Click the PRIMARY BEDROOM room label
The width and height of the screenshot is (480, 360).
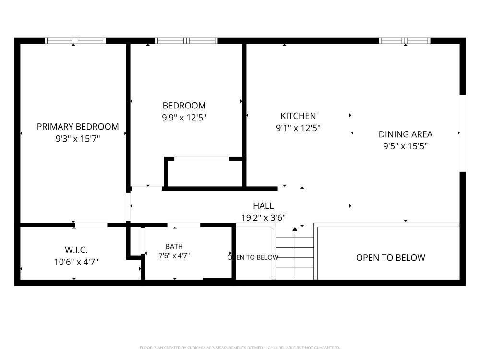tap(78, 126)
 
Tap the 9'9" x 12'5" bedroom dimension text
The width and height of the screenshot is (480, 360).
tap(184, 117)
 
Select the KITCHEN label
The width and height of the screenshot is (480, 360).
tap(298, 116)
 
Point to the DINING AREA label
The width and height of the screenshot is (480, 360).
tap(405, 134)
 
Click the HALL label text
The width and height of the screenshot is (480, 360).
tap(263, 206)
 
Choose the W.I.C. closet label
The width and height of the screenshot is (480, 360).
tap(76, 250)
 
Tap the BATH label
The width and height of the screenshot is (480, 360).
tap(174, 246)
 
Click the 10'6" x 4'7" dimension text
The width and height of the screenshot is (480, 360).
tap(76, 262)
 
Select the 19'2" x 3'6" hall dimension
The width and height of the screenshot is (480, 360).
tap(263, 217)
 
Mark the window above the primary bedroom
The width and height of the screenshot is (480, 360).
tap(75, 41)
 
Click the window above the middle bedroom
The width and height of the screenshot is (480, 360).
tap(186, 41)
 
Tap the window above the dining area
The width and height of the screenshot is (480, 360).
tap(404, 41)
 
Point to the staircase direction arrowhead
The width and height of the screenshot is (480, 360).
tap(295, 228)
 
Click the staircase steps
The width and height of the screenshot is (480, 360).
tap(295, 253)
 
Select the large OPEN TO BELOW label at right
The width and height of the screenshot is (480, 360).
tap(391, 257)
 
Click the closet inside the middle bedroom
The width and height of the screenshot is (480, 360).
tap(205, 173)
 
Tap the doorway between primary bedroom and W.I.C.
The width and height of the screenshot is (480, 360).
tap(91, 225)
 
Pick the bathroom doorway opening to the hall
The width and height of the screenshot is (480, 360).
tap(184, 225)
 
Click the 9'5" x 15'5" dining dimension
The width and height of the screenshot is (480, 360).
tap(405, 146)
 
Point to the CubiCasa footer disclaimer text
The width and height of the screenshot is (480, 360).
tap(240, 348)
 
